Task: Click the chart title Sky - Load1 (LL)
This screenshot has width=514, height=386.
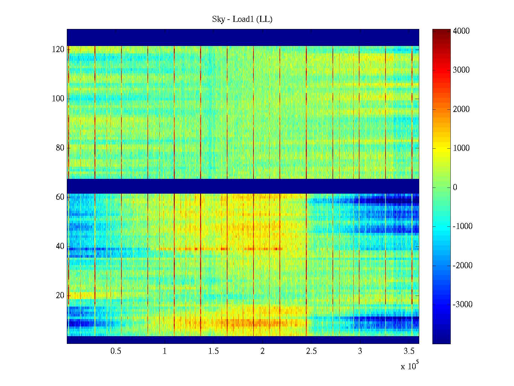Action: (242, 19)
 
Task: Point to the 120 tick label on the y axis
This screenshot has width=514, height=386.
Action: (58, 50)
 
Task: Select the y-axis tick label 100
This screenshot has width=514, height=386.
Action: (58, 99)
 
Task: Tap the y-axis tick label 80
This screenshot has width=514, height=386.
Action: (60, 148)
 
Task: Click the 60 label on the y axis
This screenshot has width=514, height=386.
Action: (60, 197)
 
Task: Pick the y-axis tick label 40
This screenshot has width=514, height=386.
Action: (60, 246)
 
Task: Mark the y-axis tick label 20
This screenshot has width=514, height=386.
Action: (60, 296)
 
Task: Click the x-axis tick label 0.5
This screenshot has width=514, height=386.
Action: (116, 351)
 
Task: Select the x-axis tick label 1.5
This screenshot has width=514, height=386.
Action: (213, 351)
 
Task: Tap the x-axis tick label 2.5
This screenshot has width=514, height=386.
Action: (311, 351)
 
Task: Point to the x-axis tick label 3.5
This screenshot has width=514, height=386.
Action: (409, 351)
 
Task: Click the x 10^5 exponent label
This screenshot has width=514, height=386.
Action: (409, 366)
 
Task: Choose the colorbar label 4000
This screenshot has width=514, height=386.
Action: (461, 31)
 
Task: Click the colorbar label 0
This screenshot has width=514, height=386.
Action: (455, 188)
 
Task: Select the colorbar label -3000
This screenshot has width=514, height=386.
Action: (463, 305)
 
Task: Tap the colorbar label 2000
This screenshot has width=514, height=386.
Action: (461, 109)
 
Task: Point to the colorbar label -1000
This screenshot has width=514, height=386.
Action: (463, 226)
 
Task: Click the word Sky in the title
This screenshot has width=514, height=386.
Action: (218, 19)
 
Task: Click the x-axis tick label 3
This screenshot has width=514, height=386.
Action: (360, 351)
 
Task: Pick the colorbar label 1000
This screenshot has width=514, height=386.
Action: (461, 148)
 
